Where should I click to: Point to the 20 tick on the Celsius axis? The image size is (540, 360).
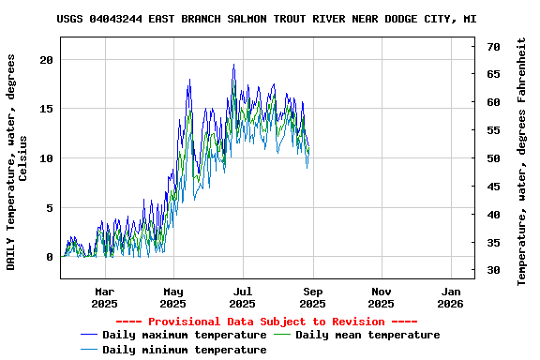point(46,59)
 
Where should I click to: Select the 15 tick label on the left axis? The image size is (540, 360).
point(46,109)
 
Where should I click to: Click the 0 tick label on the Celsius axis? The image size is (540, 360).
point(50,257)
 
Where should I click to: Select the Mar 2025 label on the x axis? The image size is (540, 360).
point(104,297)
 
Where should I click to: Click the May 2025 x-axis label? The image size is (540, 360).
point(173,297)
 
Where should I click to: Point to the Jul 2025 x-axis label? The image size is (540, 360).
point(243,297)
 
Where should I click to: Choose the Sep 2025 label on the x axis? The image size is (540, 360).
point(312,297)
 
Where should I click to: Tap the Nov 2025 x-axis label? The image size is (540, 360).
point(381,297)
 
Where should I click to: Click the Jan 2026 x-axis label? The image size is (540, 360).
point(450,297)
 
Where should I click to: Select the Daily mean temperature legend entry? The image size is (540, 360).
point(367,335)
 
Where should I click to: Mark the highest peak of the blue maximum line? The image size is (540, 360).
point(233,65)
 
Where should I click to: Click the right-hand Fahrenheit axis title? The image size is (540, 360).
point(523,158)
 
